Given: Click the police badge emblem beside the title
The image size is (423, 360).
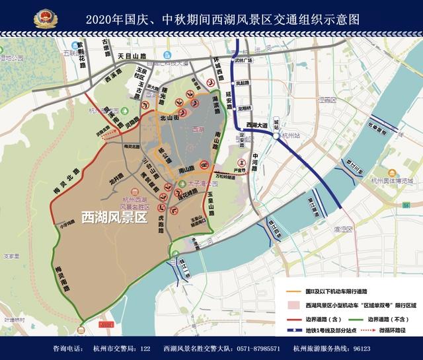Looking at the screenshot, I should coord(45,18).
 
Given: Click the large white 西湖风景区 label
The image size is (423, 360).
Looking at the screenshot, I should coord(113,217).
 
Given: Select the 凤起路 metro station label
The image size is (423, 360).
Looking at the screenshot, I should coord(244,84).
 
